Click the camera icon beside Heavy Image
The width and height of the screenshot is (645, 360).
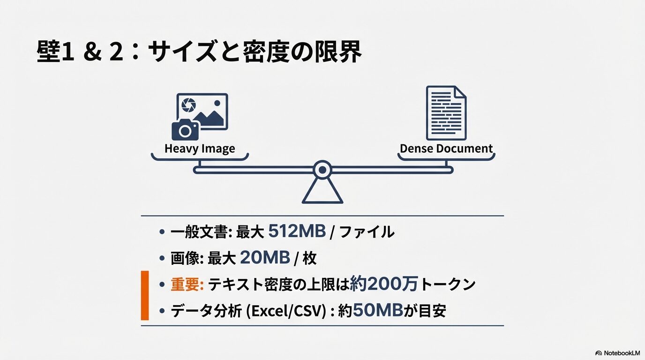coord(185,130)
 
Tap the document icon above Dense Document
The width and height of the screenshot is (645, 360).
coord(446,112)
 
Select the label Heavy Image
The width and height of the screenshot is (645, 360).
coord(200,149)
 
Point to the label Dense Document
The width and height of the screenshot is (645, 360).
coord(446,149)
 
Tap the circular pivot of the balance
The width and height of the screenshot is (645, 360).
coord(322,169)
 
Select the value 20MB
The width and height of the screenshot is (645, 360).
coord(265,258)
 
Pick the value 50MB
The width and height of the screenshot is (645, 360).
coord(378,311)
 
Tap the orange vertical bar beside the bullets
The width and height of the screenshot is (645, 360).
coord(145,295)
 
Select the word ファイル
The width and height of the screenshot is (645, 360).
coord(367,232)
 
